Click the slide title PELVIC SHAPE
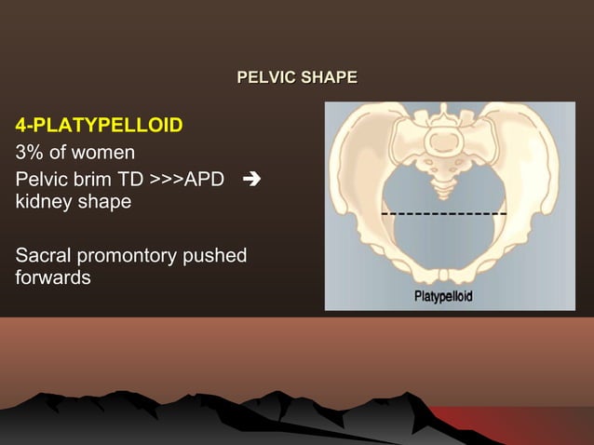pos(297,76)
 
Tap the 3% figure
pos(27,151)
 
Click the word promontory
pos(130,254)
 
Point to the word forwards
pos(52,278)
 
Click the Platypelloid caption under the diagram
pos(442,296)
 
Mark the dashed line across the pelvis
pos(443,214)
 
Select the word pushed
pos(217,254)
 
